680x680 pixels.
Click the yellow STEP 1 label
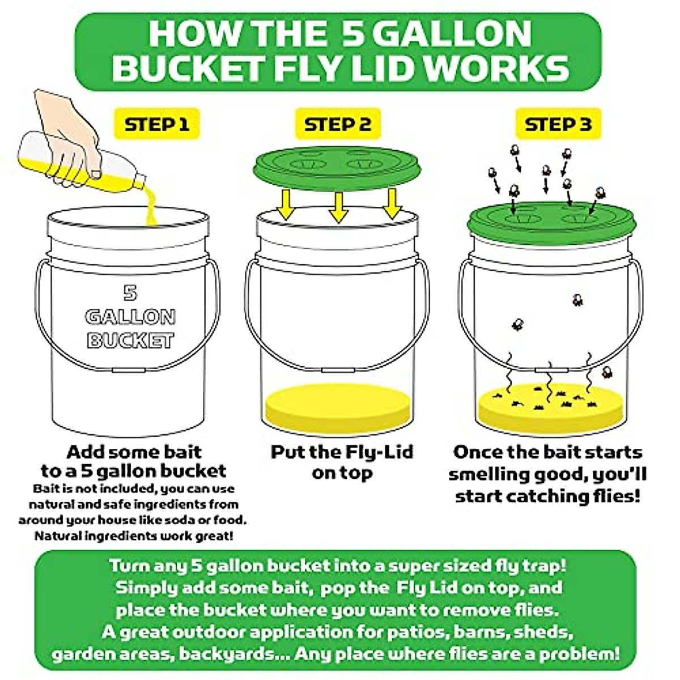pyautogui.click(x=157, y=124)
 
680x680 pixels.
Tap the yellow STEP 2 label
pyautogui.click(x=338, y=124)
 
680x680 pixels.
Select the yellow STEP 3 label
pyautogui.click(x=558, y=124)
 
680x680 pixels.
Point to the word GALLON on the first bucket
pyautogui.click(x=130, y=317)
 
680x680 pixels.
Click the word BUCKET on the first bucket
pyautogui.click(x=130, y=340)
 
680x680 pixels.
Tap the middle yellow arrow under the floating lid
pyautogui.click(x=338, y=207)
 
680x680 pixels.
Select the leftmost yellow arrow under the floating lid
pyautogui.click(x=286, y=205)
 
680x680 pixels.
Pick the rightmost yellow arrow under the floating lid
pyautogui.click(x=392, y=204)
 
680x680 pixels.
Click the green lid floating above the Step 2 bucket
pyautogui.click(x=337, y=168)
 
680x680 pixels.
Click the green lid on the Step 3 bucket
pyautogui.click(x=551, y=222)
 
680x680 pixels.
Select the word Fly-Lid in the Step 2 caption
pyautogui.click(x=379, y=453)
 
